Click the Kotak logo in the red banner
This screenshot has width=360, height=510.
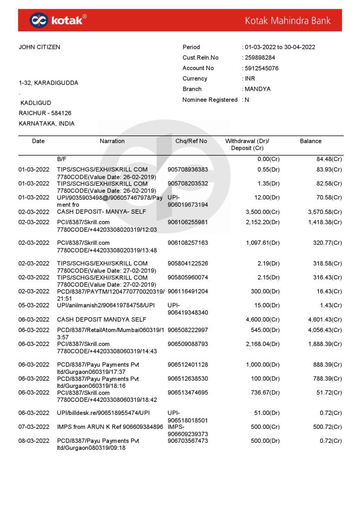coord(58,20)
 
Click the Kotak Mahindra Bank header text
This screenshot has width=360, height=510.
coord(287,20)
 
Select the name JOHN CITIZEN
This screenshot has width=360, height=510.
coord(39,47)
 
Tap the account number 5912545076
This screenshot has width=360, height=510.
coord(262,68)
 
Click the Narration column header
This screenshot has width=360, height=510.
coord(112,141)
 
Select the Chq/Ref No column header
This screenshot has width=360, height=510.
coord(191,141)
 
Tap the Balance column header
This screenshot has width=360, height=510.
coord(310,141)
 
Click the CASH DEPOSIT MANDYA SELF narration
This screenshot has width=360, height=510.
coord(95,320)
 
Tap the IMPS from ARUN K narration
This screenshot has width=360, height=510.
coord(110,427)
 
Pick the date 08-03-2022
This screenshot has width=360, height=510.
coord(34,441)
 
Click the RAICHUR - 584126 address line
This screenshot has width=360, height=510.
coord(45,113)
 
